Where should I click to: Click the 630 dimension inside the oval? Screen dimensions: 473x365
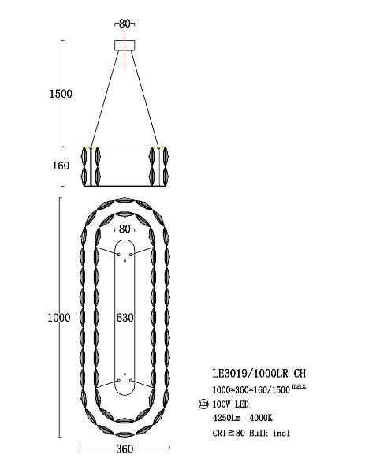click(x=125, y=318)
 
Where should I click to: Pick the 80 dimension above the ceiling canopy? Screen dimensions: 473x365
click(x=125, y=23)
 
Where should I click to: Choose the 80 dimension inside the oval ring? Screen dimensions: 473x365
click(x=125, y=229)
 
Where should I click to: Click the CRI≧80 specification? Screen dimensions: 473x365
click(x=229, y=432)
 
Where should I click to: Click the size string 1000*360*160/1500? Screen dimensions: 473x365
click(x=251, y=390)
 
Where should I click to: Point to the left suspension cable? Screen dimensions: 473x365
click(x=104, y=99)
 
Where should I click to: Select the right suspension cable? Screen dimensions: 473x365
click(x=146, y=99)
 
